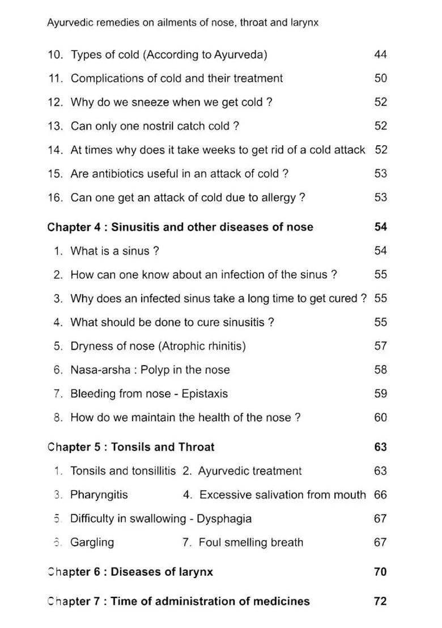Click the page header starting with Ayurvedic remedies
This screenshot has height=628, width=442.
click(182, 23)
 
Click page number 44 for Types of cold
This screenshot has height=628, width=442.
click(380, 54)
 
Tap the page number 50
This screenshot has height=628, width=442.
click(380, 78)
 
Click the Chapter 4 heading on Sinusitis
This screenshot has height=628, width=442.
click(180, 227)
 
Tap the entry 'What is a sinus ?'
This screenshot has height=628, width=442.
click(114, 251)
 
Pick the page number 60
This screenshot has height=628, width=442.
click(380, 418)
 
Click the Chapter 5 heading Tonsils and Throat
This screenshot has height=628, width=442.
click(131, 447)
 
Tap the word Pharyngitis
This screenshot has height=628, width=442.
click(99, 495)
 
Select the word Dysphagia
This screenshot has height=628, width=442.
click(224, 519)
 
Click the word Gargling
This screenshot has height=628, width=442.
click(92, 542)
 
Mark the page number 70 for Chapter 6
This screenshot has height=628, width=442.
click(380, 572)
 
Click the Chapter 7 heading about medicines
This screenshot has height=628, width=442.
click(178, 601)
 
